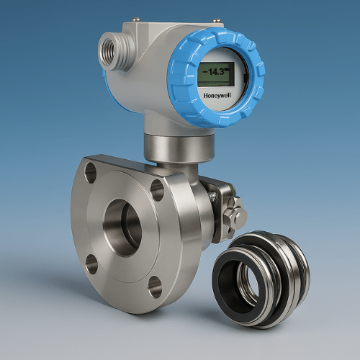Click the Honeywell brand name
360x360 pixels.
(x=217, y=96)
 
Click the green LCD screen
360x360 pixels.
(x=216, y=74)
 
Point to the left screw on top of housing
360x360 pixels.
(x=136, y=19)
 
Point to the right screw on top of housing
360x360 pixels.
(x=217, y=21)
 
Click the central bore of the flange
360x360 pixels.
(x=123, y=228)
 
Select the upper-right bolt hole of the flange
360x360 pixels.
(x=157, y=190)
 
